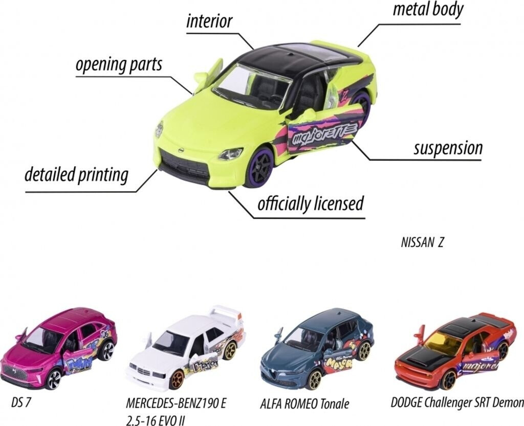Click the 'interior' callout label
tap(209, 21)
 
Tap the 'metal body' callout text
tap(428, 9)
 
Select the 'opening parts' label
tap(119, 64)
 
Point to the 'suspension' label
tap(448, 148)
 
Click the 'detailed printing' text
tap(77, 174)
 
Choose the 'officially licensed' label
tap(311, 203)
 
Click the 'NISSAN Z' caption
tap(422, 243)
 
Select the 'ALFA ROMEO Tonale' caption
tap(304, 403)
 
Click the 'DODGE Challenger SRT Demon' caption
tap(457, 402)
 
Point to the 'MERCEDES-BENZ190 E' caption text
tap(176, 403)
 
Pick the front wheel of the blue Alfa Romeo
tap(315, 380)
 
